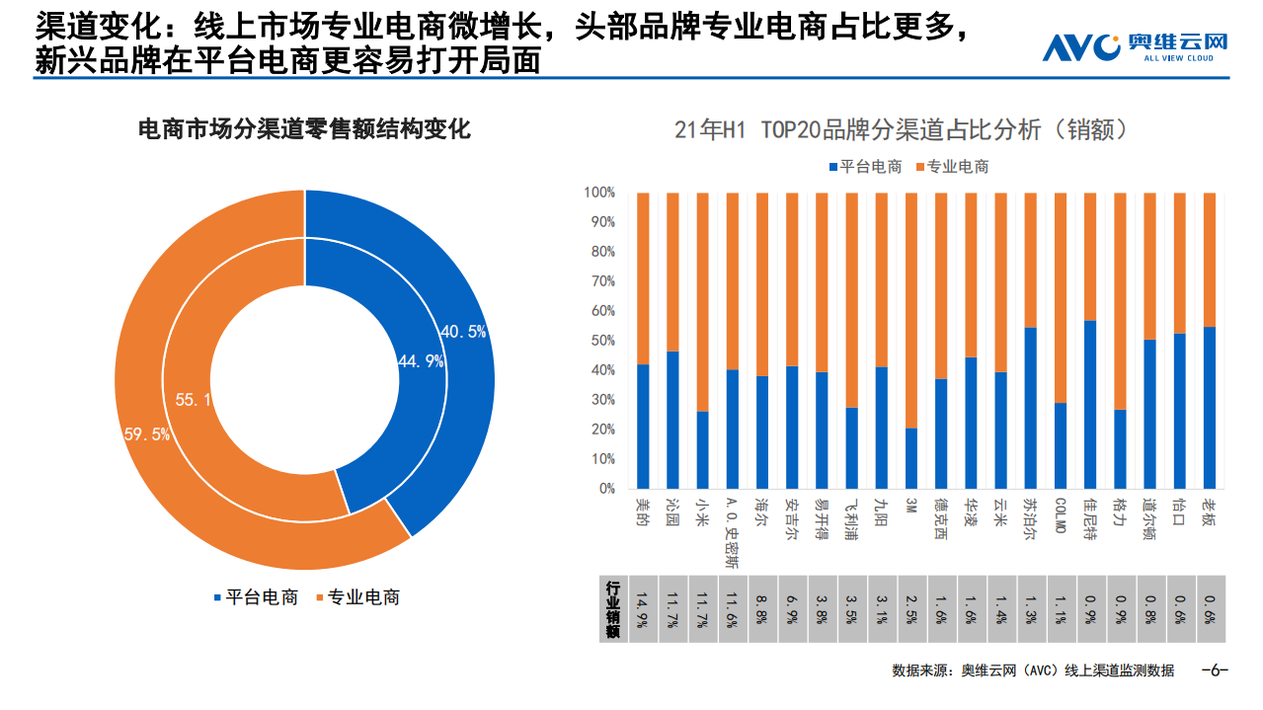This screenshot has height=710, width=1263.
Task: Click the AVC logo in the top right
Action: [x=1135, y=47]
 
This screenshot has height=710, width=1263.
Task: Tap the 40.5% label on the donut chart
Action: [x=462, y=333]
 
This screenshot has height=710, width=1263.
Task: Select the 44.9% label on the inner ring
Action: [x=420, y=361]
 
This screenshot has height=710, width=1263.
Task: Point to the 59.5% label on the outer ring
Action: [x=147, y=434]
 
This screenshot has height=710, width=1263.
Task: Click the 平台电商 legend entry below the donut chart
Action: [x=255, y=597]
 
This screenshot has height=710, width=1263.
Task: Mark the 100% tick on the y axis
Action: [x=598, y=193]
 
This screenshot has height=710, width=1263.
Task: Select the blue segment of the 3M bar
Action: [x=910, y=458]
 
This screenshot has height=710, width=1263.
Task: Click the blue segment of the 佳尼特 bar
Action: [x=1089, y=405]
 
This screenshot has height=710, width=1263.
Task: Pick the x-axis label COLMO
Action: [x=1060, y=515]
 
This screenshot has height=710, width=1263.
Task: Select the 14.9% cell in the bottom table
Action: [x=643, y=606]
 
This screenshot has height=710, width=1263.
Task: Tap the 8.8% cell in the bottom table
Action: [x=761, y=606]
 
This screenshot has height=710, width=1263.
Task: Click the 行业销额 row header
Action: [x=612, y=607]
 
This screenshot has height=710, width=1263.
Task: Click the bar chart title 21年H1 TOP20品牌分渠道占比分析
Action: [x=901, y=130]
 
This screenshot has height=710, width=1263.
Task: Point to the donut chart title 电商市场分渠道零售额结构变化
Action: [x=304, y=129]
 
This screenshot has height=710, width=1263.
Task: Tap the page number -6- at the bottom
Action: [x=1214, y=671]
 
